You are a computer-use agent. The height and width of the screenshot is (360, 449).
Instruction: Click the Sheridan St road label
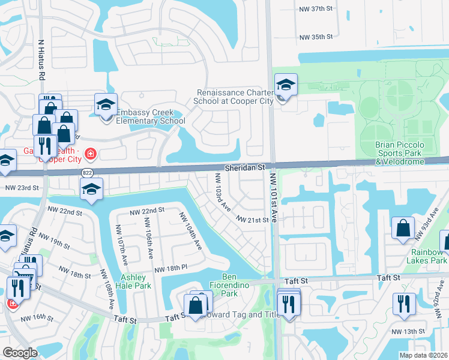click(x=246, y=170)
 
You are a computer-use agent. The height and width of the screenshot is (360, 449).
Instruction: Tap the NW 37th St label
click(x=316, y=10)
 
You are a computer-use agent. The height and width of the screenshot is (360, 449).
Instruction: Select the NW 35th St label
click(x=316, y=37)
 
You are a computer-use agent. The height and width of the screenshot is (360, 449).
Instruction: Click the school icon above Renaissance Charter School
click(x=286, y=85)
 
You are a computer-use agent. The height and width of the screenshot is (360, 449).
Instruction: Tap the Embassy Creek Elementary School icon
click(x=106, y=105)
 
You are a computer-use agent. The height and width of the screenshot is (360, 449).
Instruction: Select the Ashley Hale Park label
click(x=136, y=281)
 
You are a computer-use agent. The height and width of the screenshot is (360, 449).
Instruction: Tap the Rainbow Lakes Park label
click(x=429, y=256)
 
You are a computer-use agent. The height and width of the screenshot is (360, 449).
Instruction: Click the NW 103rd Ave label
click(x=223, y=192)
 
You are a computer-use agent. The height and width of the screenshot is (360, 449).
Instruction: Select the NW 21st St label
click(x=252, y=220)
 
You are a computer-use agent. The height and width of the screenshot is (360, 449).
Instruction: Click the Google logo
click(x=20, y=353)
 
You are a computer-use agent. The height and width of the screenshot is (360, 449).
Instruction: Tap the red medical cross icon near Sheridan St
click(x=91, y=155)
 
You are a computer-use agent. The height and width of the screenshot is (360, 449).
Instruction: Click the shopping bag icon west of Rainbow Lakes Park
click(x=403, y=229)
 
